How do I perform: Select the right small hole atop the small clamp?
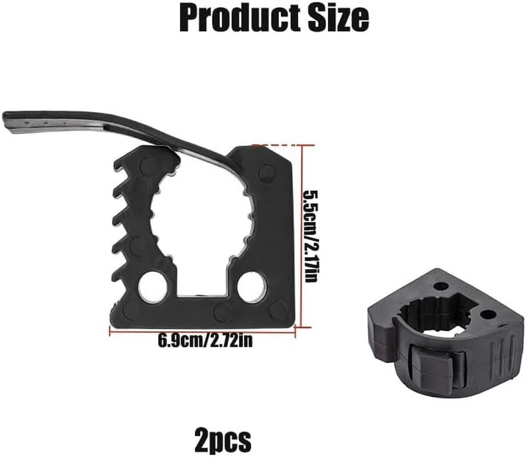click(487, 314)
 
